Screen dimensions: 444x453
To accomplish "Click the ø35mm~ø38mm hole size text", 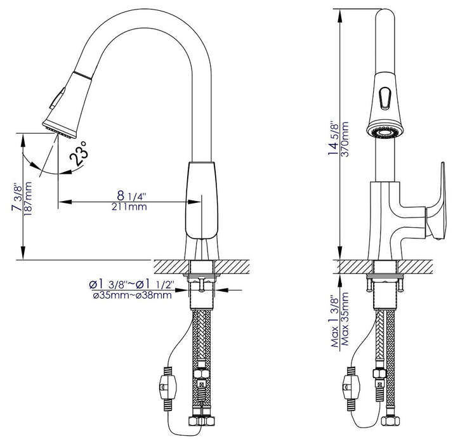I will [131, 294].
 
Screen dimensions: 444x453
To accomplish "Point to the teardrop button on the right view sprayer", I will [385, 97].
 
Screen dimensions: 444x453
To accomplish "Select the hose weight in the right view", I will [350, 384].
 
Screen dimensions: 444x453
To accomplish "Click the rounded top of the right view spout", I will [385, 14].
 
